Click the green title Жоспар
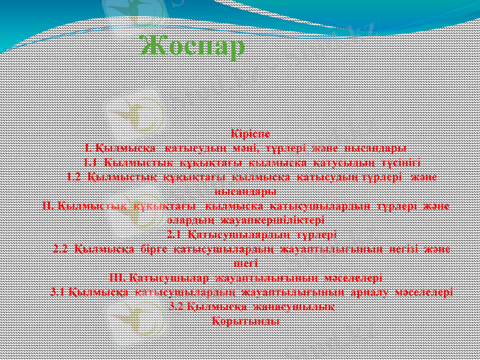point(192,47)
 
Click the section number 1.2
point(74,177)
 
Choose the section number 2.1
point(173,234)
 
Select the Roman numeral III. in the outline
point(118,278)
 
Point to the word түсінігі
point(396,162)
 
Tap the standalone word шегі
point(245,262)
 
